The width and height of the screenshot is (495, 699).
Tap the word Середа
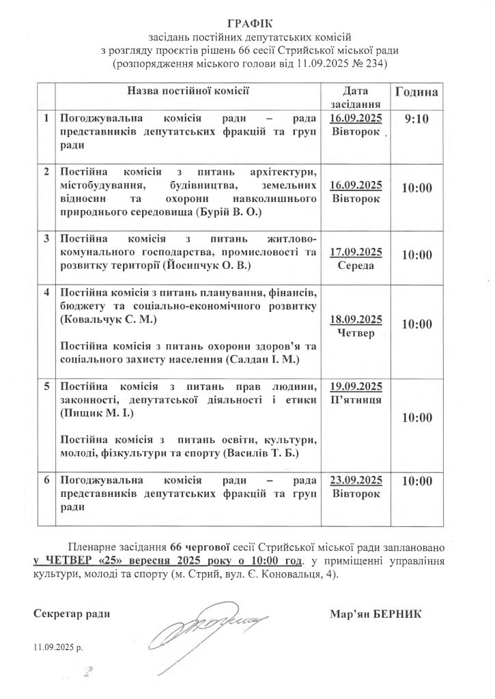click(356, 266)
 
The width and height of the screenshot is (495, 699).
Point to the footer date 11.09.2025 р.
click(57, 646)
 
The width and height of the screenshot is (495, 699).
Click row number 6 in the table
click(46, 480)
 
